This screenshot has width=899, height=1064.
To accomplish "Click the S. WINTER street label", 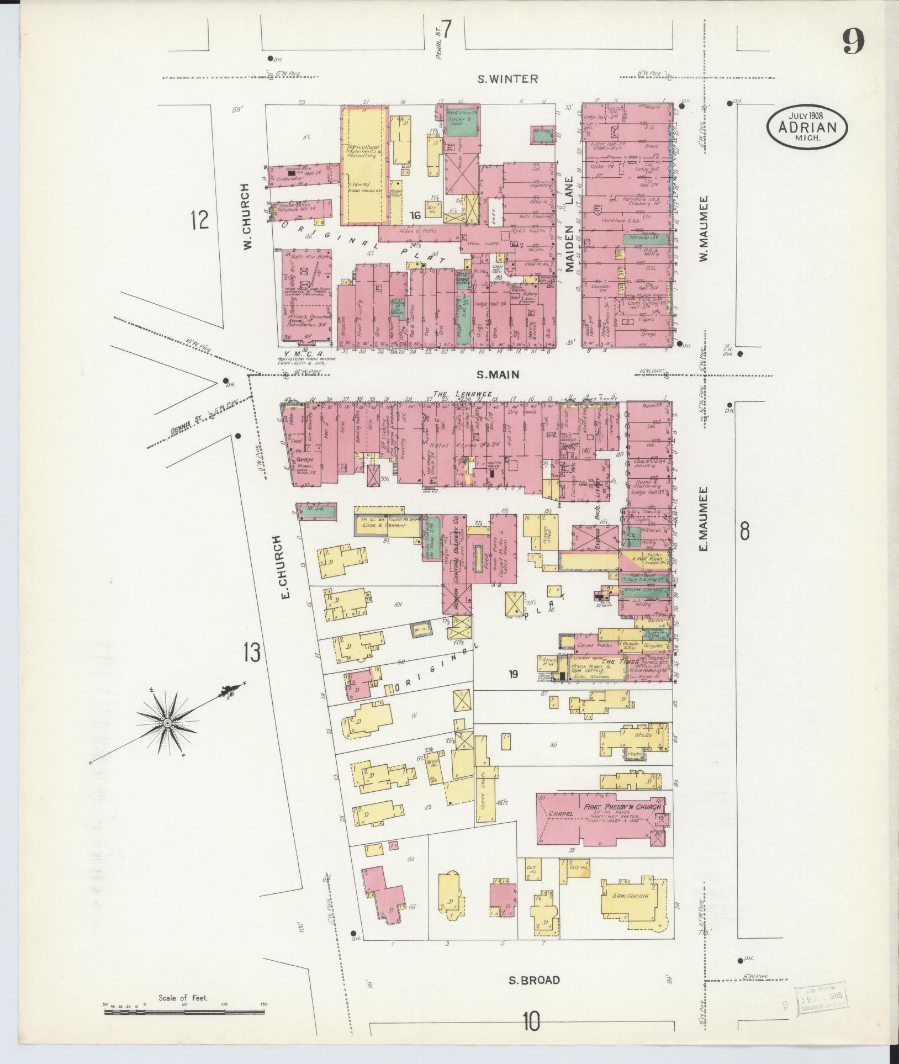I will (x=507, y=79).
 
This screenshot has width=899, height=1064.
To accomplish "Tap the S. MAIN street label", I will (x=498, y=375).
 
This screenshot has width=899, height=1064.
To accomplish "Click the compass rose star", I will (x=166, y=723).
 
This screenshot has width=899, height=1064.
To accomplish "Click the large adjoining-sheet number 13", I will (x=250, y=653).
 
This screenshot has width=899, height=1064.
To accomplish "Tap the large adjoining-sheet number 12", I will (x=199, y=221).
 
